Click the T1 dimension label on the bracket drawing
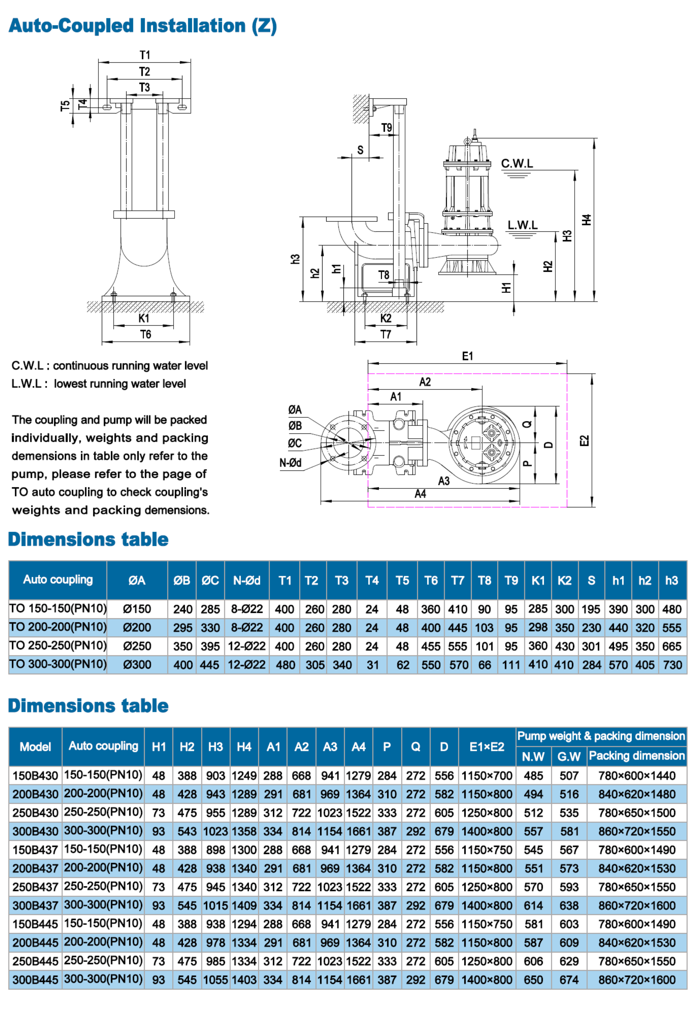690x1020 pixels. (145, 55)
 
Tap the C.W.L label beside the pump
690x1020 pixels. (517, 164)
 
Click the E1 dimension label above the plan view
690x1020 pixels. (467, 356)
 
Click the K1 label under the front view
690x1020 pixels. (143, 318)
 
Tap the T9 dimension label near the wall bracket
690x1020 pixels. (386, 128)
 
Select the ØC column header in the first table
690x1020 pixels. (210, 581)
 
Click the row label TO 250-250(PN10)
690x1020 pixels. (58, 646)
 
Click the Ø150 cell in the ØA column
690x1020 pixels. (137, 609)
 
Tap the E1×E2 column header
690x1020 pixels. (487, 747)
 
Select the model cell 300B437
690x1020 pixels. (35, 906)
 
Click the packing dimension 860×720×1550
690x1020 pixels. (637, 831)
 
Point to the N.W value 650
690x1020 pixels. (533, 980)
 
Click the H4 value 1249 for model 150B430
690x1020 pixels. (244, 776)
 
